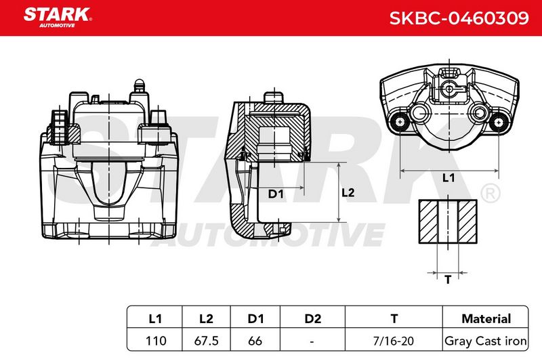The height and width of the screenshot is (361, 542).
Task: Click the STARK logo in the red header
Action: (58, 18)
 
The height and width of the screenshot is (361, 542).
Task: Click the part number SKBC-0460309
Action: (459, 18)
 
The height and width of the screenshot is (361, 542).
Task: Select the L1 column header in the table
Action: (155, 318)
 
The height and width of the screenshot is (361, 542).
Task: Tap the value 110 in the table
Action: (156, 341)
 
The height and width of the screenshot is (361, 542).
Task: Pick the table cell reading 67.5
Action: (207, 341)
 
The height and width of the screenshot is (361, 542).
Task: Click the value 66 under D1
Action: (255, 341)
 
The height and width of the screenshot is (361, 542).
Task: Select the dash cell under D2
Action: (312, 341)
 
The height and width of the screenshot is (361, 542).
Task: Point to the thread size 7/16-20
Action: (394, 341)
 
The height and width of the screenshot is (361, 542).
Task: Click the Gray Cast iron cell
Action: (485, 341)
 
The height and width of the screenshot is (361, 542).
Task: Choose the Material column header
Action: (486, 318)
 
